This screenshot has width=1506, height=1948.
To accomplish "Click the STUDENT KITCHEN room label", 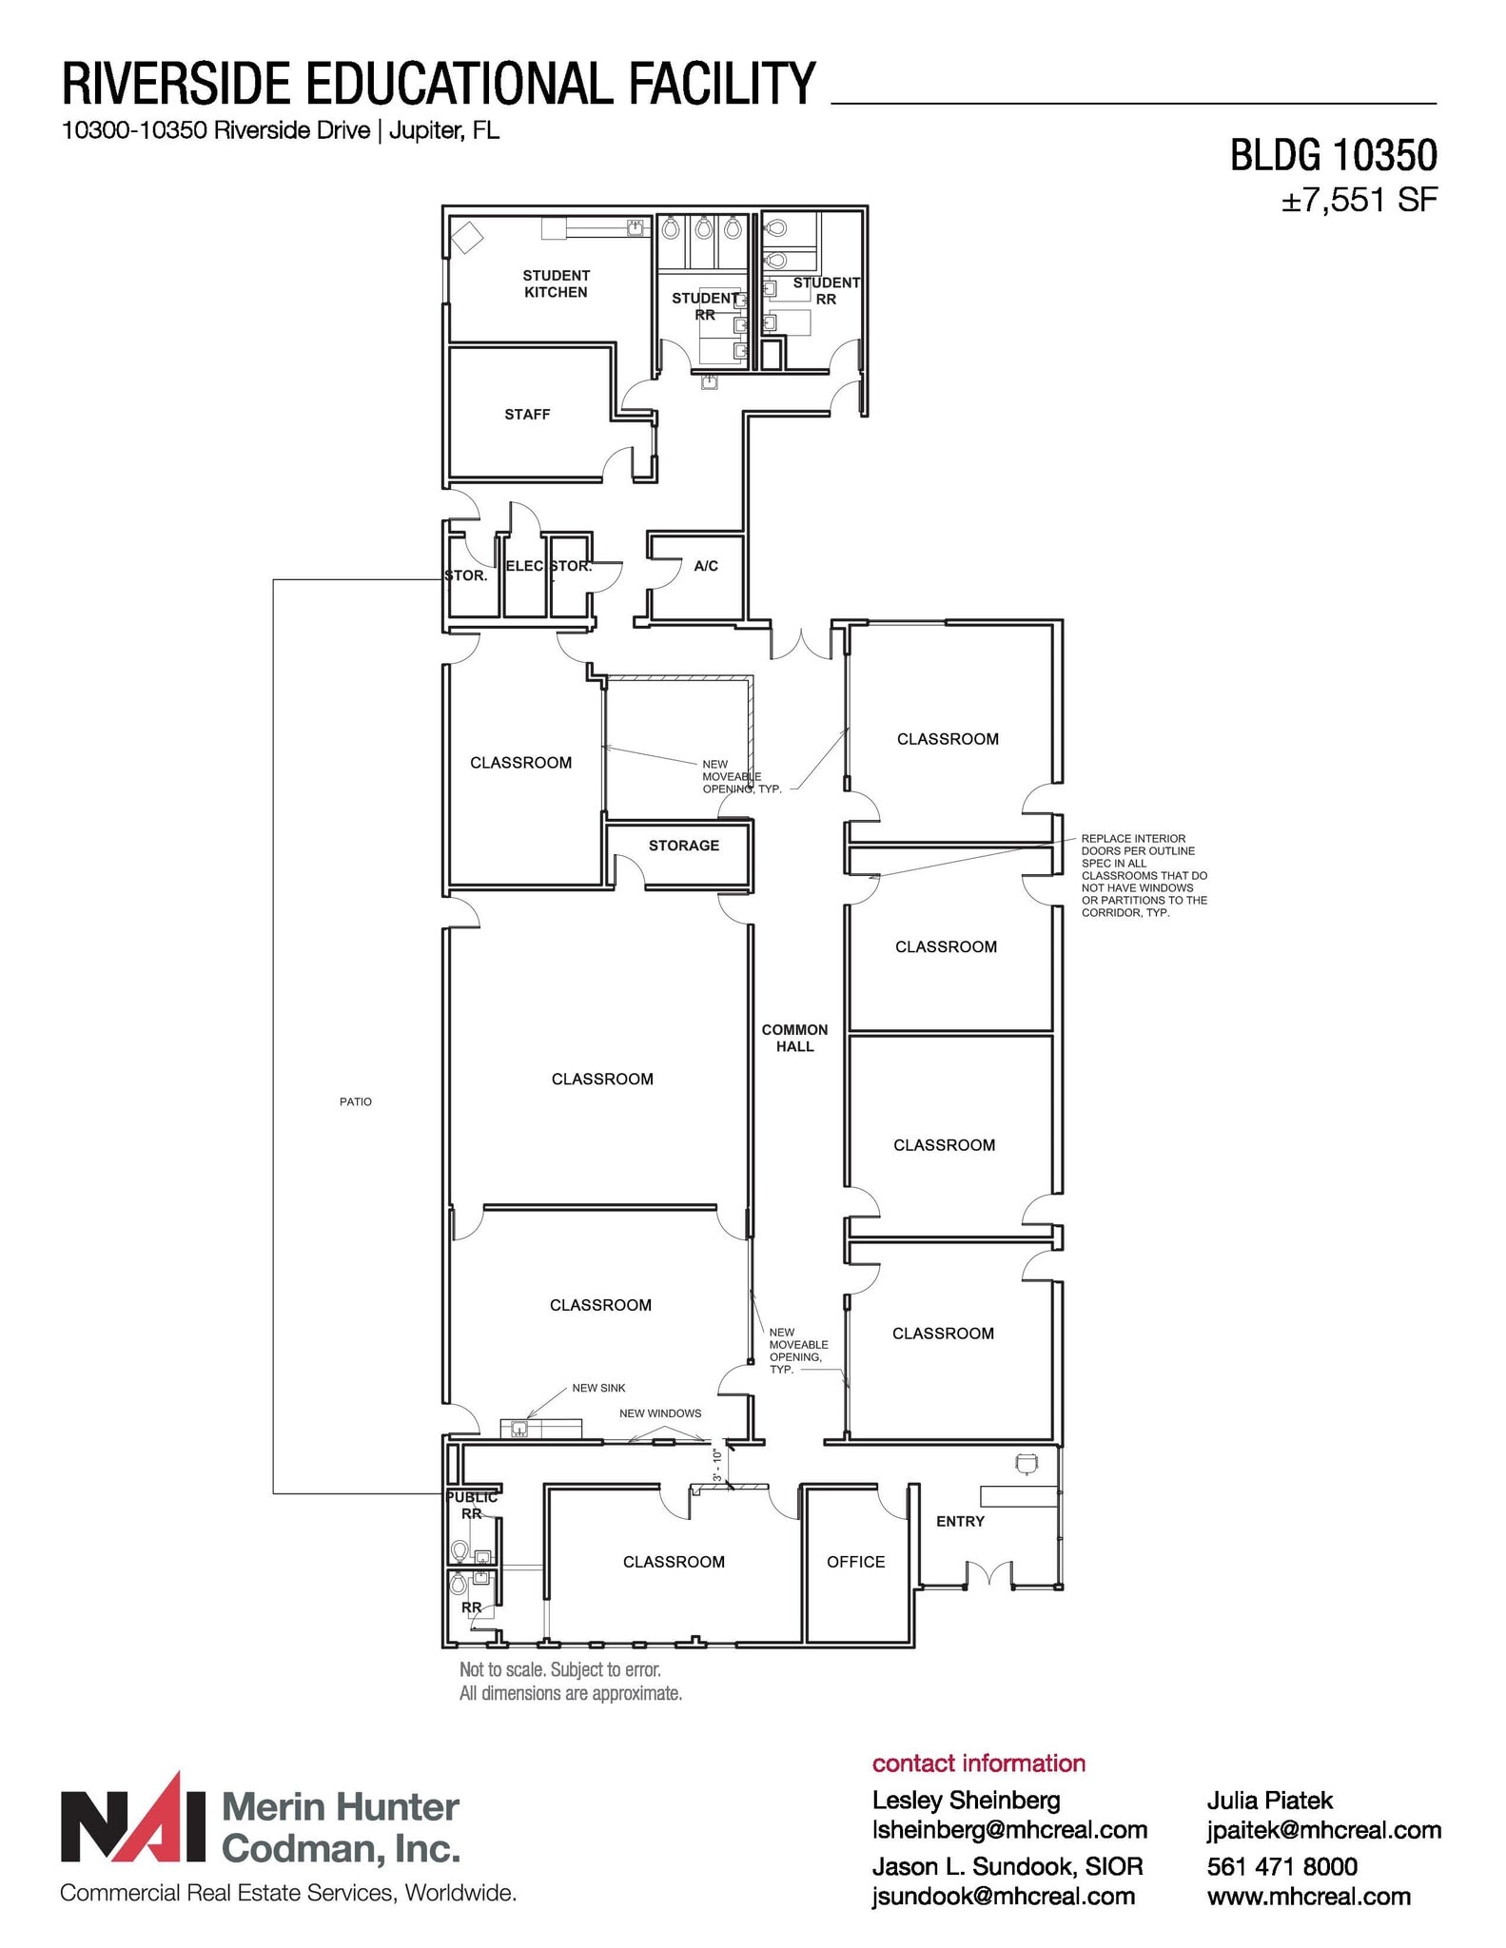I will (x=556, y=283).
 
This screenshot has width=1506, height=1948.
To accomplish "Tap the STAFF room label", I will (x=527, y=415).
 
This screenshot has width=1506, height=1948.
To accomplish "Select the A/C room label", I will (x=706, y=566).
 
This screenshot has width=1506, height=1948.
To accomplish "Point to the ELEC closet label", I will (x=524, y=566).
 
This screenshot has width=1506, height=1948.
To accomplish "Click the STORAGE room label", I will (x=683, y=846).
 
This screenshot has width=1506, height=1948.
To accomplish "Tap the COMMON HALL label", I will (x=794, y=1038).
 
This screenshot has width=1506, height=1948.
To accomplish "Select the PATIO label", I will (x=356, y=1101).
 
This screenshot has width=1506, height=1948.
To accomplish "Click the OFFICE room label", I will (x=855, y=1562).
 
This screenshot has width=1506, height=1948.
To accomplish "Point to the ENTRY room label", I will (x=960, y=1522).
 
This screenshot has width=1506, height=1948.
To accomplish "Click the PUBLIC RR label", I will (x=472, y=1506).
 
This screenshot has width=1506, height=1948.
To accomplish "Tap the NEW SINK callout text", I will (x=598, y=1388).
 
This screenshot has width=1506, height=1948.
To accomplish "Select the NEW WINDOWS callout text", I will (x=660, y=1413).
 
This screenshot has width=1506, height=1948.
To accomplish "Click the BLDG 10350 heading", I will (x=1333, y=156).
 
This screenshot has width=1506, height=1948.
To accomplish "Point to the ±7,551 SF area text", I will (x=1359, y=201).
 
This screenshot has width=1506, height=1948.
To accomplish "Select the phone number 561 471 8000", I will (x=1281, y=1866).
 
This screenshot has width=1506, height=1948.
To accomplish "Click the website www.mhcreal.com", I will (x=1308, y=1897).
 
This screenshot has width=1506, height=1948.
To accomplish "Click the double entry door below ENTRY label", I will (x=989, y=1576).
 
